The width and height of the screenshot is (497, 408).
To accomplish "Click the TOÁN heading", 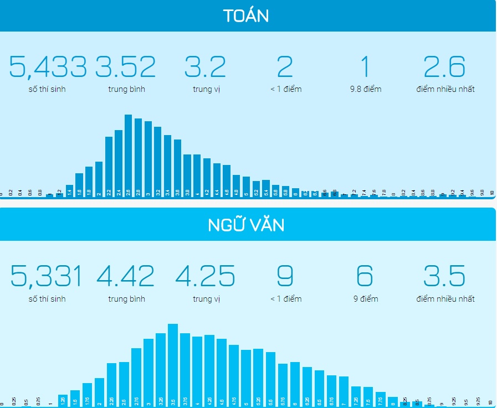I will (x=246, y=16).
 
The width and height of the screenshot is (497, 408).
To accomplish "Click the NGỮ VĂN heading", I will (x=246, y=226).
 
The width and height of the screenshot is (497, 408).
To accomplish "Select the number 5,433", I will (x=48, y=67).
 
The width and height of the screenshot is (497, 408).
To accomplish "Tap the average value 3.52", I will (x=126, y=67).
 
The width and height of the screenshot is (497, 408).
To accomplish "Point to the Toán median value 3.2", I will (x=206, y=67).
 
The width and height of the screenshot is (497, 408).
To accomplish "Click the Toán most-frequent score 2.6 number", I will (x=445, y=67).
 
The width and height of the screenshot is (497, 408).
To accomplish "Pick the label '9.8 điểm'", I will (x=366, y=89).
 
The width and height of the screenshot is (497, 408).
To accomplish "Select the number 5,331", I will (x=47, y=276).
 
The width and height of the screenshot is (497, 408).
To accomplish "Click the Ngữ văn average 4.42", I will (x=126, y=276).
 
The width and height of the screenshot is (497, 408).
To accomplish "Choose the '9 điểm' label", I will (x=366, y=299).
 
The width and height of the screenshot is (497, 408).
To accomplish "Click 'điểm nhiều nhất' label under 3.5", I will (x=445, y=299).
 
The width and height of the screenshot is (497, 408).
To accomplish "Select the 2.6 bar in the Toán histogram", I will (x=128, y=155).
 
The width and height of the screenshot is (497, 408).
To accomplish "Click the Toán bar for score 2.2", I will (x=109, y=166).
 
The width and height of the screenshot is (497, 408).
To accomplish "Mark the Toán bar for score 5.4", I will (x=266, y=188).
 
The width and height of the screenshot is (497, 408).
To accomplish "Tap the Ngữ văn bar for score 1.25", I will (x=63, y=399).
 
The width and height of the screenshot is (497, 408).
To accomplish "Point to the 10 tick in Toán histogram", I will (x=491, y=193).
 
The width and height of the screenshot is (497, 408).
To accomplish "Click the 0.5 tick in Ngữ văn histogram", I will (x=26, y=402).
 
